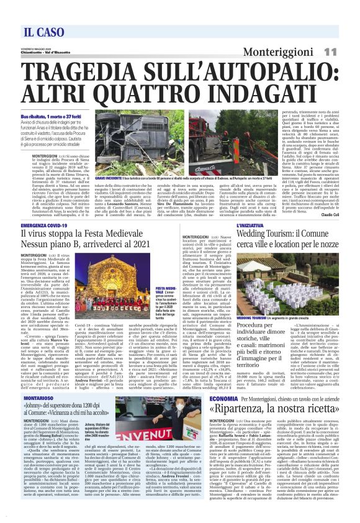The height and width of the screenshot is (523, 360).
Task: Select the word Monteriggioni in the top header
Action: [278, 52]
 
